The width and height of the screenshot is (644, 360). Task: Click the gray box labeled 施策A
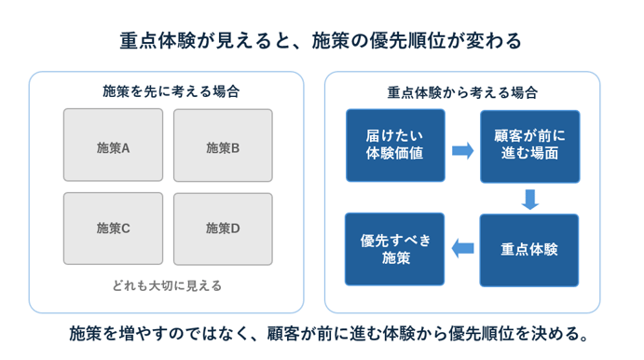(x=113, y=145)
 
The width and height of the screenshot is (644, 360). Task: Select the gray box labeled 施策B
(x=223, y=145)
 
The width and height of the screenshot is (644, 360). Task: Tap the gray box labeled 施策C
(x=113, y=228)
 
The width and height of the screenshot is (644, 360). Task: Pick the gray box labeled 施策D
(x=223, y=228)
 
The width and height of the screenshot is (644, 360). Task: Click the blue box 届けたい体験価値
(x=395, y=145)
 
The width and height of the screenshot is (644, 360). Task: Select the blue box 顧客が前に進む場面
(x=530, y=146)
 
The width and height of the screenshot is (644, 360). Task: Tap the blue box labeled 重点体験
(x=529, y=250)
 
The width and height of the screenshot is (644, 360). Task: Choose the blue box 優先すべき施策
(x=395, y=249)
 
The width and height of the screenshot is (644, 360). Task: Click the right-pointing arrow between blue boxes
(x=463, y=150)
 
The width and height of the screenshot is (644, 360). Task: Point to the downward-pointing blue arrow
(x=529, y=200)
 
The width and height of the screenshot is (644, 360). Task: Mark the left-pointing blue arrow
(x=463, y=248)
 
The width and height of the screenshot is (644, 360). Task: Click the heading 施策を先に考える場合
(x=171, y=91)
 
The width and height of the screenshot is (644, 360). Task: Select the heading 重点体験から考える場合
(x=462, y=92)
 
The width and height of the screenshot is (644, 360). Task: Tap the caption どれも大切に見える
(x=167, y=285)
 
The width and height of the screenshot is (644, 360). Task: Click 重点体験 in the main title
(x=158, y=41)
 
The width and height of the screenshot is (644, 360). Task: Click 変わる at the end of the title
(x=503, y=41)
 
